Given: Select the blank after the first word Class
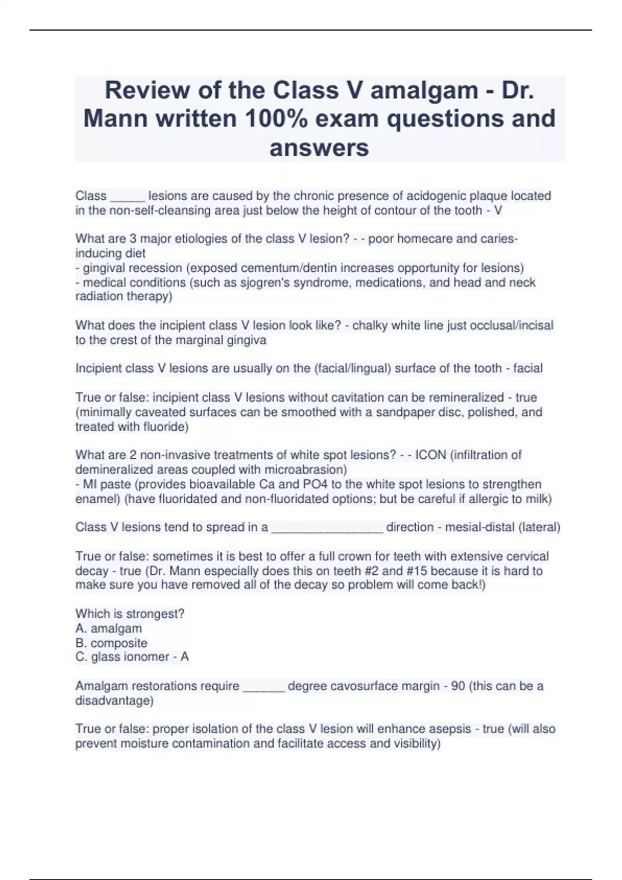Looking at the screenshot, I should point(127,197).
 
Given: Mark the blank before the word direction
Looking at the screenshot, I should point(327,529).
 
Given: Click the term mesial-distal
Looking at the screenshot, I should point(479,527).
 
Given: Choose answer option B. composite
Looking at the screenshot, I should point(111,643).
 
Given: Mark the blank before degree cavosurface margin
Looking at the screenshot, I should point(263,687).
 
